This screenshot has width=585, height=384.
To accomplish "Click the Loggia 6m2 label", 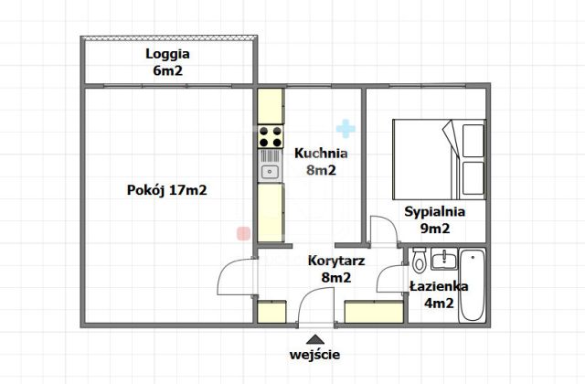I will (x=166, y=61).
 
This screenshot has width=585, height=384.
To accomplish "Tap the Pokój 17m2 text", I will (x=166, y=191).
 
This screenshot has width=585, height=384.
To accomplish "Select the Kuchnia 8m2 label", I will (x=314, y=162).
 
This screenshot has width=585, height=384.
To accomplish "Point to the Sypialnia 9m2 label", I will (x=435, y=220).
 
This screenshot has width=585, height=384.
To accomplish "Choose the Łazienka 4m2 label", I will (x=440, y=295).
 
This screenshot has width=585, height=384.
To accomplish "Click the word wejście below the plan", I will (x=315, y=355).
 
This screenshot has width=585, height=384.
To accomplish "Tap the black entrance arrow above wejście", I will (x=315, y=338).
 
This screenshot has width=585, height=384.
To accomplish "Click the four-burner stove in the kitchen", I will (x=270, y=138).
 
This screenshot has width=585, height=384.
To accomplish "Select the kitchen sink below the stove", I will (x=270, y=170).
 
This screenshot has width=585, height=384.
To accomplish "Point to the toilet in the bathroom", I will (x=418, y=263).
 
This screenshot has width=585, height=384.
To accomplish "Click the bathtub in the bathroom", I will (x=473, y=284).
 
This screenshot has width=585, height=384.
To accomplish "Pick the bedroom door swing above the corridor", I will (x=384, y=230).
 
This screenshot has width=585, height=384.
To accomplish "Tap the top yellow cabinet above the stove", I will (x=270, y=106).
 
